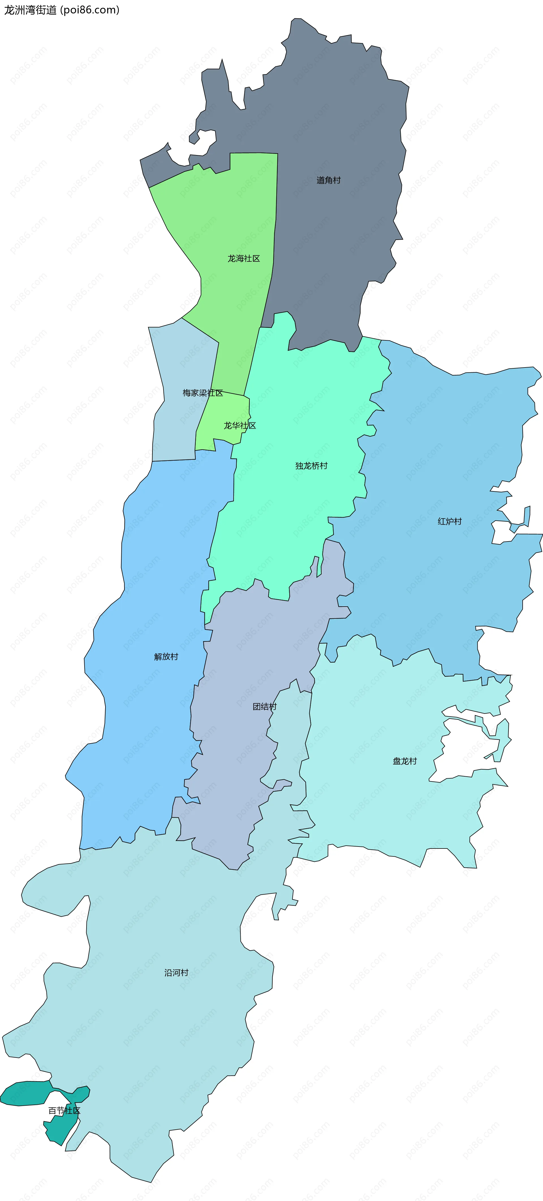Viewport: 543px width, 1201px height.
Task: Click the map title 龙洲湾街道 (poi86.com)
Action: point(62,10)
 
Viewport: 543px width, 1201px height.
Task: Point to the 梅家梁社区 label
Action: point(203,393)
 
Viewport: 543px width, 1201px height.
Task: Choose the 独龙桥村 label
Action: point(311,466)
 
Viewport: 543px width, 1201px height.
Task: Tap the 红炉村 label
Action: point(450,521)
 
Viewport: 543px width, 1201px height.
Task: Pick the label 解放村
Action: point(166,656)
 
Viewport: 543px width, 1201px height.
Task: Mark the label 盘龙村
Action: point(405,761)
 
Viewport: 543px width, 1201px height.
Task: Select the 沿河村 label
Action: point(176,973)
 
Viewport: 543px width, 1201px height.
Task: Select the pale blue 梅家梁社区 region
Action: point(177,429)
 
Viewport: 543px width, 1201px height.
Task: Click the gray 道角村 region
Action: point(336,117)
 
